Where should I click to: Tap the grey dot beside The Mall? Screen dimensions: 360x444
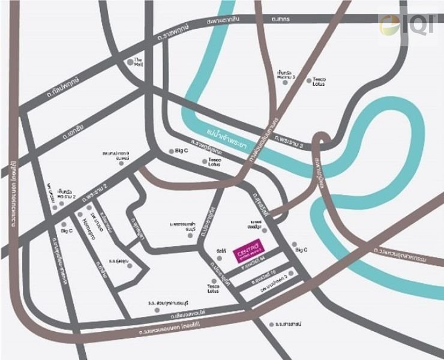coord(130,61)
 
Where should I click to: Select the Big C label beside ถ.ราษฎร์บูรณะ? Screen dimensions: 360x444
coord(182,151)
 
